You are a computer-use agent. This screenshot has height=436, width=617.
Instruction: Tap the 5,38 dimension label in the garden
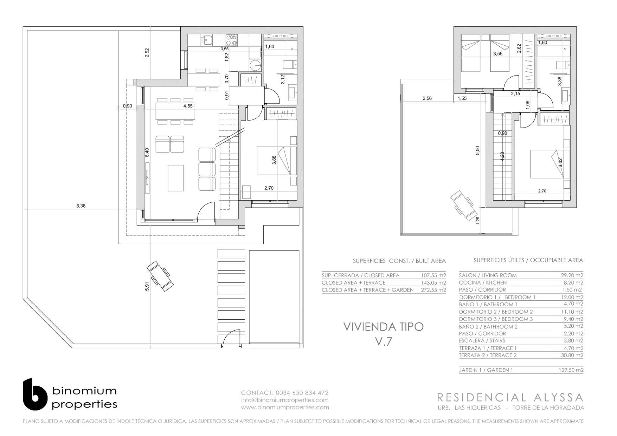point(81,206)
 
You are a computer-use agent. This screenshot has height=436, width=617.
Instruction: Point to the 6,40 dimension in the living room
point(147,153)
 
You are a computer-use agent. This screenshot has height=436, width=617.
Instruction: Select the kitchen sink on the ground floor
point(207,40)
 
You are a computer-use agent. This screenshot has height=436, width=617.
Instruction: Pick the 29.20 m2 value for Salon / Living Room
point(572,275)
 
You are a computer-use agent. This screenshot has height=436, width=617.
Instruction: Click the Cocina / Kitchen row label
point(483,282)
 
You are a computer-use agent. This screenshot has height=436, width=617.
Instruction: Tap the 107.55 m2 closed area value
point(433,275)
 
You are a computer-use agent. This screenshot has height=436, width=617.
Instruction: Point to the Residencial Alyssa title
point(510,397)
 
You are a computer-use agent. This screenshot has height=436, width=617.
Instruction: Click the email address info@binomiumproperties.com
point(285,400)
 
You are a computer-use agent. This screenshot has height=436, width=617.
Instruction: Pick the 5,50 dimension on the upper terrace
point(477,150)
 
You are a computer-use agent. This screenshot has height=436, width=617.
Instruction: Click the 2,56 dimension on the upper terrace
point(427,98)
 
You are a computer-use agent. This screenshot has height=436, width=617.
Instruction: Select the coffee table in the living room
point(176,178)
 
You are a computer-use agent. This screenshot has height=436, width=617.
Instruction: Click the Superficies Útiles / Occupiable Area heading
point(528,260)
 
